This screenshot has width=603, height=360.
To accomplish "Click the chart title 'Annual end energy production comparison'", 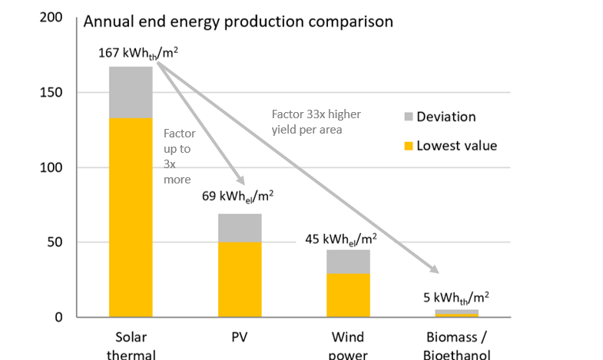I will coord(238,21).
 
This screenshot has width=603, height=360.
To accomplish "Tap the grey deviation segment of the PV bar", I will coord(240,228).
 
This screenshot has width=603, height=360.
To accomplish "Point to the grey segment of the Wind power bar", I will coord(348,262).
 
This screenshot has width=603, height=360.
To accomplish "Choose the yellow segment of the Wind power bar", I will coord(348,296).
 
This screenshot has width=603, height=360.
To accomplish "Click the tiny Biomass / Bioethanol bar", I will coord(457,313).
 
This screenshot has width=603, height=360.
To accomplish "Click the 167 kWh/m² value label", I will coord(138,53).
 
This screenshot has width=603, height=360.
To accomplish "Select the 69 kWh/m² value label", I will coord(238,196).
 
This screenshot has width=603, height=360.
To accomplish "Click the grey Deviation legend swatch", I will coord(407,117).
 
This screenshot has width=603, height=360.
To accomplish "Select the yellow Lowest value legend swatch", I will coord(407,146).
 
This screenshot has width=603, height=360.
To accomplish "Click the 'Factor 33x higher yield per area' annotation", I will coord(316,121).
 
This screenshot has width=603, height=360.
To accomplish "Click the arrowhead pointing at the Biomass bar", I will coord(434,269).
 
